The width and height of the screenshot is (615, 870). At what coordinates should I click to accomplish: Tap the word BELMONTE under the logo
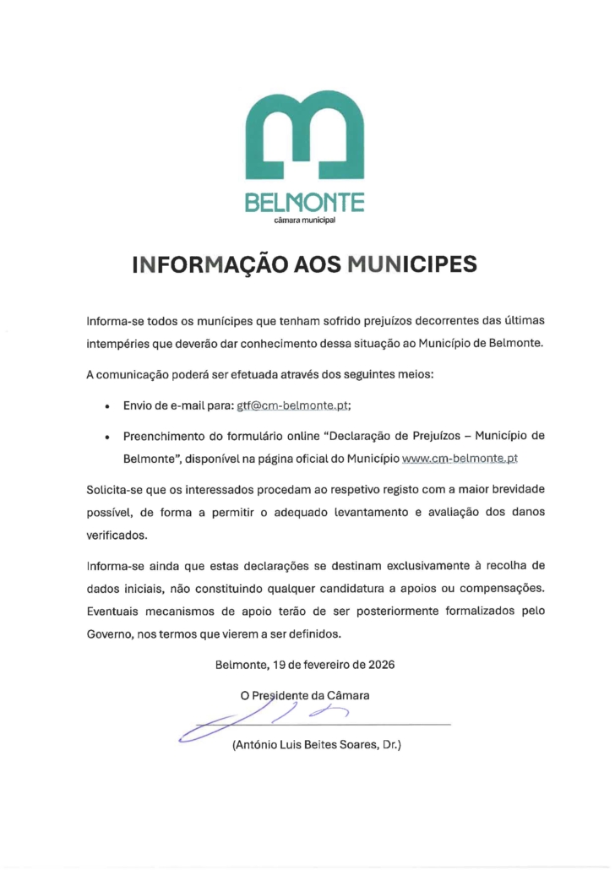[x=305, y=204]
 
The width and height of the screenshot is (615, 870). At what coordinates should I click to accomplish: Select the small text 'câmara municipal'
[x=305, y=221]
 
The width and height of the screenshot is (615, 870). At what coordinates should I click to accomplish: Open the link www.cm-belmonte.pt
[x=460, y=459]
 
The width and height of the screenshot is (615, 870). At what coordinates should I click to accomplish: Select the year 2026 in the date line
[x=379, y=664]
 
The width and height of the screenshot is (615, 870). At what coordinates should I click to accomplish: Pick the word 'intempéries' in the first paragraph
[x=116, y=344]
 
